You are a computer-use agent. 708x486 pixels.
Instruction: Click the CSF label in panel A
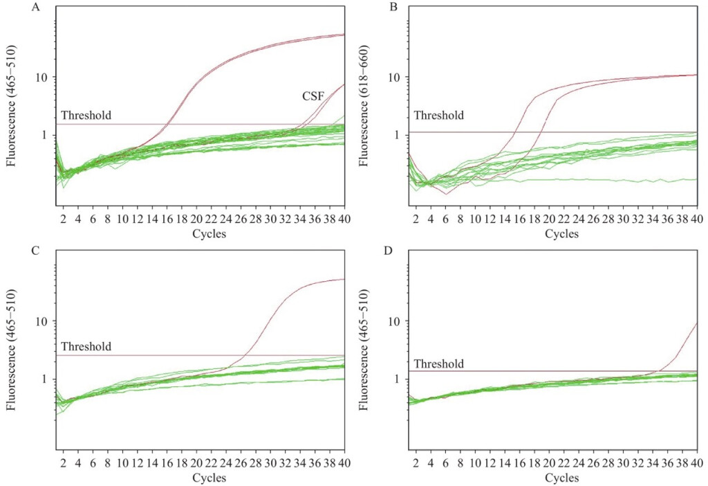point(313,97)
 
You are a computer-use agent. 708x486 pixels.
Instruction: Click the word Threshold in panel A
point(86,116)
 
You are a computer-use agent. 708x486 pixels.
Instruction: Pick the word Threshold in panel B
point(438,116)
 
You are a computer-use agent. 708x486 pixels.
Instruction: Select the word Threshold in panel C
point(86,346)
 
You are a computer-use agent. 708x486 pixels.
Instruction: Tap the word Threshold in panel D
point(438,363)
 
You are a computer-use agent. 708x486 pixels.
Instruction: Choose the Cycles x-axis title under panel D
point(561,478)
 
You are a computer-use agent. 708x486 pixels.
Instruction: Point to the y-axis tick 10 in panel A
point(42,78)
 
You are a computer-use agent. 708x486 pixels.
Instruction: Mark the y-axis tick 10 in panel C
point(42,321)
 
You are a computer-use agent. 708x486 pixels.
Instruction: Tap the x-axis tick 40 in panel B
point(696,219)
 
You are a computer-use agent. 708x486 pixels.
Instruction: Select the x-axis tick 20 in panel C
point(197,463)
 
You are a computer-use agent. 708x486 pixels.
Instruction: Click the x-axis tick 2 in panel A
point(63,219)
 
